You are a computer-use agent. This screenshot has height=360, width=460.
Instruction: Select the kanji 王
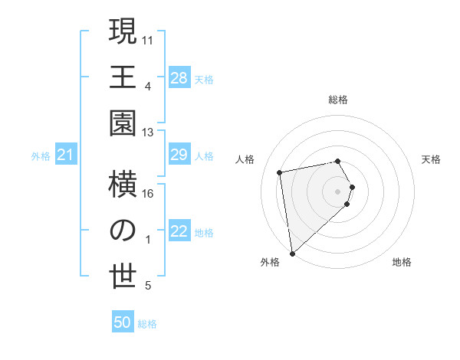click(123, 77)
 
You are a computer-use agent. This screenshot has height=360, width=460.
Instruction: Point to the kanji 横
click(123, 185)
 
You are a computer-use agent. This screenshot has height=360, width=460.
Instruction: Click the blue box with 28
click(179, 77)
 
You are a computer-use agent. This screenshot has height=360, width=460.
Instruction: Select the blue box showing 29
click(179, 155)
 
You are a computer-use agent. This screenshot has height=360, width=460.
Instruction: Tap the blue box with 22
click(179, 232)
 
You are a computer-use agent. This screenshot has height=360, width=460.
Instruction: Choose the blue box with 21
click(66, 155)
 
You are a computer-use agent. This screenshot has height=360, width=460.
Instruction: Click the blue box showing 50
click(123, 323)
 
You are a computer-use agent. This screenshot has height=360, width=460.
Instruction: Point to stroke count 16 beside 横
click(148, 194)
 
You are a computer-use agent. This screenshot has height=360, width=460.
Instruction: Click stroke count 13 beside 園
click(148, 133)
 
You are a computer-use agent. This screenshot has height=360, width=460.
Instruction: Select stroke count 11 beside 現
click(149, 39)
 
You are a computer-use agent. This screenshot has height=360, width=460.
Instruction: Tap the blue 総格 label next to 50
click(147, 324)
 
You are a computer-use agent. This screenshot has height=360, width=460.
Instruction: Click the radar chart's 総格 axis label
click(338, 100)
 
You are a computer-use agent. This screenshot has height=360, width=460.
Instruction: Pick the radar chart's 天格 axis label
click(432, 159)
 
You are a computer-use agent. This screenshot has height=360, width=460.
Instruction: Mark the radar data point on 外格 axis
click(292, 253)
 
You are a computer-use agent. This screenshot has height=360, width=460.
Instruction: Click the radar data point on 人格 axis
click(280, 172)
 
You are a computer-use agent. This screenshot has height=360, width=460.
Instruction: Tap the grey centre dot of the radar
click(338, 190)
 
